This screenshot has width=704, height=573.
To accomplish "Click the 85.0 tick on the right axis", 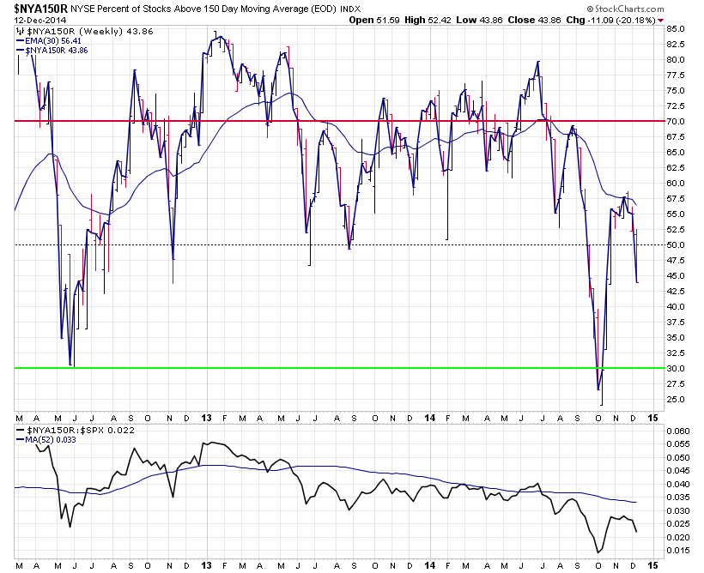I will coord(677,29).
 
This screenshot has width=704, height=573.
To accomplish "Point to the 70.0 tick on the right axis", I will coord(677,122).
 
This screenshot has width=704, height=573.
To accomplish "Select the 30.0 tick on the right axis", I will coord(677,369).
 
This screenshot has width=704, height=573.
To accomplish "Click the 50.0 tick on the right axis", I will coord(677,245).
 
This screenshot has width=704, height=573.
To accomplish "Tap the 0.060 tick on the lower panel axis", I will coord(679,431).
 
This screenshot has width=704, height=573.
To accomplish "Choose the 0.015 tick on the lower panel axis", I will coord(679,550).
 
